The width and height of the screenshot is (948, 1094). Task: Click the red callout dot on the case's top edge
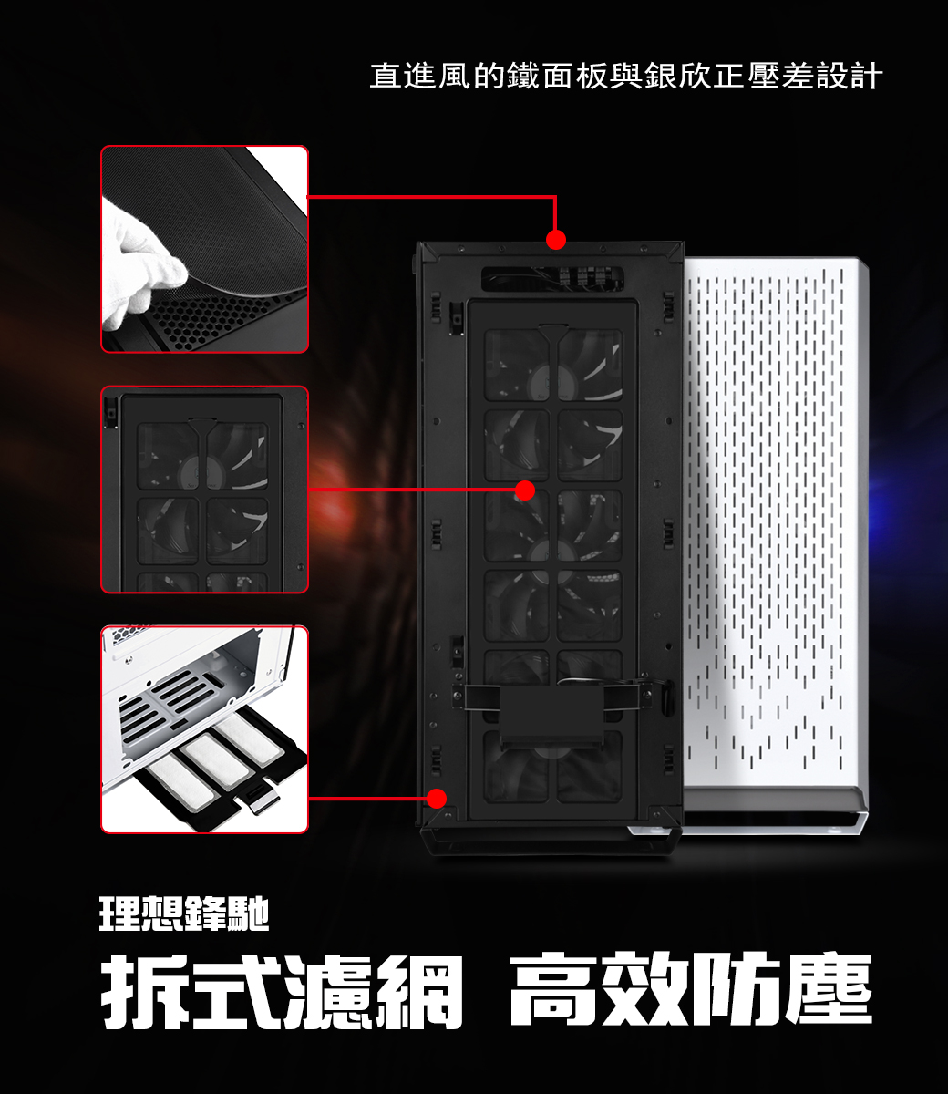click(555, 240)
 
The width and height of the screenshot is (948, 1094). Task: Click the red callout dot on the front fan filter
click(524, 490)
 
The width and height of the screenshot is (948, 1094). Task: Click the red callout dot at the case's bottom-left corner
click(436, 798)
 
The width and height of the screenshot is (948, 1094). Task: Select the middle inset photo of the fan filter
click(204, 490)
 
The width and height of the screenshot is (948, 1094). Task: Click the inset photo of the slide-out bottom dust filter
click(204, 729)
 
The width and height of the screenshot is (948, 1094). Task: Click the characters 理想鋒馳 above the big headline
click(184, 914)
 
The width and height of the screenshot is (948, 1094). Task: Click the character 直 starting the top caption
click(386, 76)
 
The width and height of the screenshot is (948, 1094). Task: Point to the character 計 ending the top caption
click(867, 76)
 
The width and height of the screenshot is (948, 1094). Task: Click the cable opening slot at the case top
click(552, 278)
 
